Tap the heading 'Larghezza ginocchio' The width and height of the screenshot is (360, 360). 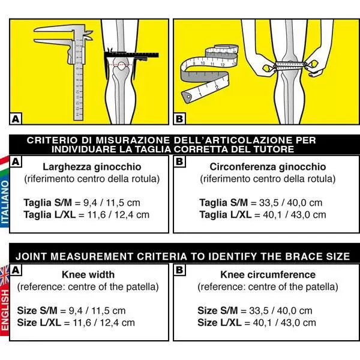tap(92, 167)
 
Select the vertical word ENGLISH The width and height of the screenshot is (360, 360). tap(5, 312)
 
